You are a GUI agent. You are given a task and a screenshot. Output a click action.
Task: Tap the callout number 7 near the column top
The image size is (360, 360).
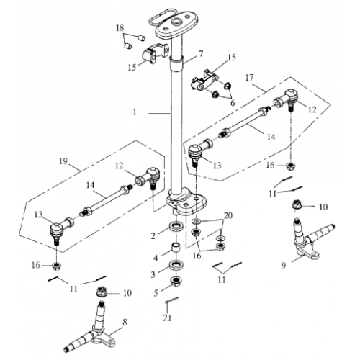point(201,53)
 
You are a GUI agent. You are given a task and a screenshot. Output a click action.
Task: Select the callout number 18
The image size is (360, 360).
point(120,27)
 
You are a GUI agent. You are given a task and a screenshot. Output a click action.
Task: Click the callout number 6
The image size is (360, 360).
point(231,102)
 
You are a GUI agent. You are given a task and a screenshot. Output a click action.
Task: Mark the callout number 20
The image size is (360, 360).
point(228,216)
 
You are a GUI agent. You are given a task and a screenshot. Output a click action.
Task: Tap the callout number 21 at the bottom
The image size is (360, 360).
point(168,318)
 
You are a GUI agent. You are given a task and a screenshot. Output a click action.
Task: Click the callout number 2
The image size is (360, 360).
point(153,235)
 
